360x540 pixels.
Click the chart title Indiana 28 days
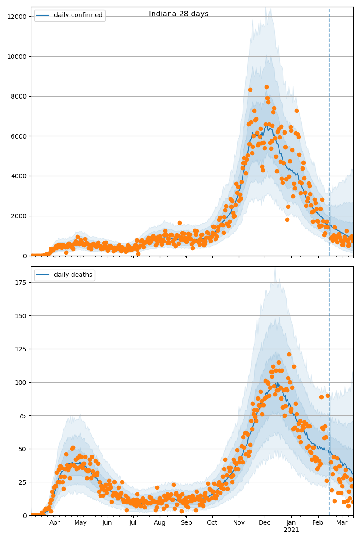point(179,14)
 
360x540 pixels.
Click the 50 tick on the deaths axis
point(23,449)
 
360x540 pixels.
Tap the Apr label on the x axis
point(54,522)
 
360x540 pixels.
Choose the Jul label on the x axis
point(133,522)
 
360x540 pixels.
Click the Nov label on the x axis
point(239,522)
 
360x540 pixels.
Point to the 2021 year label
point(291,530)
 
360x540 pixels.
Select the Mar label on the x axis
point(342,522)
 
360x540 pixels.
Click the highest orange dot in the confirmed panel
point(266,87)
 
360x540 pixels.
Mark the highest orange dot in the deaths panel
point(289,355)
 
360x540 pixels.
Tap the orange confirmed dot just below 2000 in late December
point(287,220)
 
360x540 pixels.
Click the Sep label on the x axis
point(186,522)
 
